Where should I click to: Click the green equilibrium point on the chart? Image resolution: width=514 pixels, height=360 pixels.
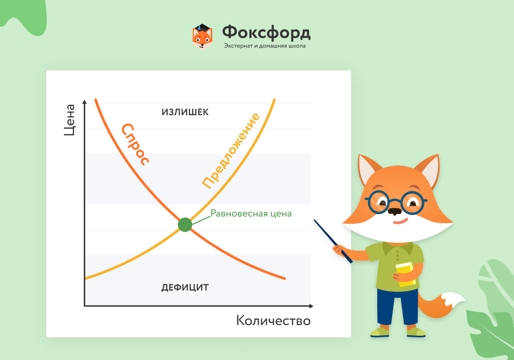(185, 225)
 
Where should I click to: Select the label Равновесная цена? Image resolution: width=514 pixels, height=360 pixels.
(251, 213)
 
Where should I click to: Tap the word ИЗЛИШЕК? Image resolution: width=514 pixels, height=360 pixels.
(185, 112)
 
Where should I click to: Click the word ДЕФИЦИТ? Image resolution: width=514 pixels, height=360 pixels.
(185, 287)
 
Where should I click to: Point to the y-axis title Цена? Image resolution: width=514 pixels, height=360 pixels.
(69, 120)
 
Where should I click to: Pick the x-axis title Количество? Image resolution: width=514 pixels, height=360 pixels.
(273, 320)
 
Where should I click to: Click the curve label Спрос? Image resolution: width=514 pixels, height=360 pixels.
(135, 144)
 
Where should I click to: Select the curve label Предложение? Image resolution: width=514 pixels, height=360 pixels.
(231, 151)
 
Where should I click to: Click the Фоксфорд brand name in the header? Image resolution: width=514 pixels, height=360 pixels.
(266, 33)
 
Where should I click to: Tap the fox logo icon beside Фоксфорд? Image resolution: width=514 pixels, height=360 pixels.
(202, 37)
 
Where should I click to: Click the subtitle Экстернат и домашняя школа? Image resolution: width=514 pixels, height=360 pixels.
(265, 46)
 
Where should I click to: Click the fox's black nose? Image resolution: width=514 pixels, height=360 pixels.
(395, 211)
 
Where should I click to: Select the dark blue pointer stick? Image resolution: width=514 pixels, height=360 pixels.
(333, 241)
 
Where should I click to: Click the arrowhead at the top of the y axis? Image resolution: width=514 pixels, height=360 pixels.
(85, 102)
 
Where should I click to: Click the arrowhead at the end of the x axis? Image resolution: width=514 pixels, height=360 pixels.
(311, 306)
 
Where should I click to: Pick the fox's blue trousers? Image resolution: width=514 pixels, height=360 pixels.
(397, 307)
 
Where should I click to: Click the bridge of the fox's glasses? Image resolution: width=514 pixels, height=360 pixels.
(395, 201)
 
